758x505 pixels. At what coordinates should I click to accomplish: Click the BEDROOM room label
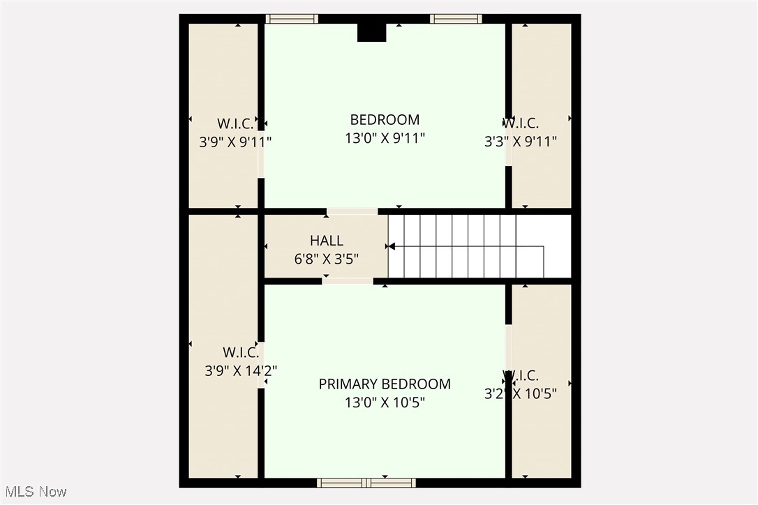[385, 119]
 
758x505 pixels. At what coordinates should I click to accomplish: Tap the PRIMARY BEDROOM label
[385, 384]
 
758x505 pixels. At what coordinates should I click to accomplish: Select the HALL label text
[326, 241]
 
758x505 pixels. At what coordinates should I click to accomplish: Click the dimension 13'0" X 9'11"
[385, 138]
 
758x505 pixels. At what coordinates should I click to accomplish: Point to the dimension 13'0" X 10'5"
[385, 402]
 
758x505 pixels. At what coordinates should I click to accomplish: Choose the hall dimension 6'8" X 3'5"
[326, 259]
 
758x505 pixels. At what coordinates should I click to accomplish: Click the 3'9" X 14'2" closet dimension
[241, 371]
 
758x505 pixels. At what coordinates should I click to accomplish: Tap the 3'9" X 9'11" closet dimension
[235, 142]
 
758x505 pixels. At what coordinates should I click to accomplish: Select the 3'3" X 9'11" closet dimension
[521, 142]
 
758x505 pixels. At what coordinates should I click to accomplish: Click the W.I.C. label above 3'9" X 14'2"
[241, 352]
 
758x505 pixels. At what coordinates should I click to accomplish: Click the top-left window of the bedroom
[292, 19]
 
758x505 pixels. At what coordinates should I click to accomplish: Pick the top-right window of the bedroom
[456, 19]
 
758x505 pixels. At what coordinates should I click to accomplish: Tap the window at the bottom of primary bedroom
[366, 483]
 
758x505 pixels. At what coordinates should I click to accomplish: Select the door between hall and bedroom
[352, 211]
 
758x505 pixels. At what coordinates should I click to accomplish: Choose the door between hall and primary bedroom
[348, 281]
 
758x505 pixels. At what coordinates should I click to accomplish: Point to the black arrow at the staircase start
[391, 246]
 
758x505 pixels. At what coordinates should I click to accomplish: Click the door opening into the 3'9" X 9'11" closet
[261, 154]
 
